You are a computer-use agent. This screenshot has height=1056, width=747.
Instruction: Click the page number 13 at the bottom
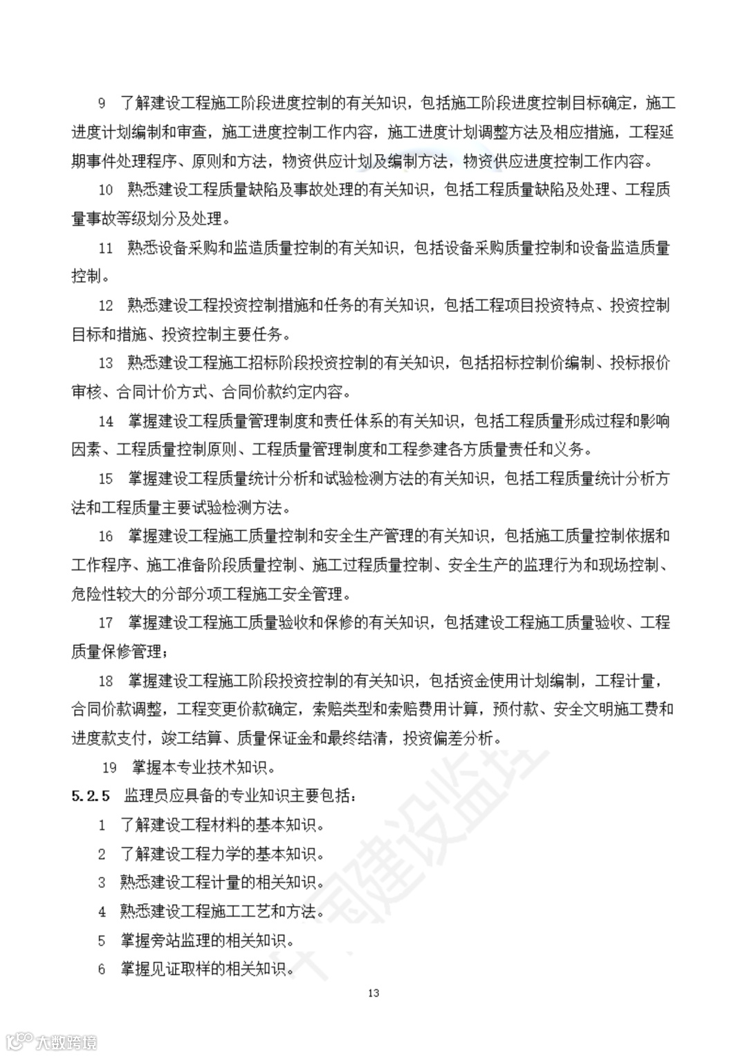[373, 994]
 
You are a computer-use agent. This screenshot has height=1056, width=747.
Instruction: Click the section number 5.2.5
[91, 795]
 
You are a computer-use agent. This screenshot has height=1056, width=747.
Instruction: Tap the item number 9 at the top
[102, 104]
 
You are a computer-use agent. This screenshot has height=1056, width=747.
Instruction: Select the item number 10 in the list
[105, 190]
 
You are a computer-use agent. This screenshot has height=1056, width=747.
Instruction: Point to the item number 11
[105, 248]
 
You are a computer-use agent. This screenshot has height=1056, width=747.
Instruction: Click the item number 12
[105, 305]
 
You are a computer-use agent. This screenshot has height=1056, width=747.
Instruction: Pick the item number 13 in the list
[105, 363]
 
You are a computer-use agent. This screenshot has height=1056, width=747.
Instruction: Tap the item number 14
[105, 421]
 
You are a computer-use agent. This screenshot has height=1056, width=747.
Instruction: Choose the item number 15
[105, 478]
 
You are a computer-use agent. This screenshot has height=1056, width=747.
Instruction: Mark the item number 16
[105, 536]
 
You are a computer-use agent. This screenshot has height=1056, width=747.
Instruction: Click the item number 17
[105, 623]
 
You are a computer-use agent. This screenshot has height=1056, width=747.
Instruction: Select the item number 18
[105, 681]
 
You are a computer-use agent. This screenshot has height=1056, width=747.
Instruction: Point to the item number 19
[109, 767]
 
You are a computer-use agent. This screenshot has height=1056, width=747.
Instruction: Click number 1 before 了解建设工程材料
[102, 824]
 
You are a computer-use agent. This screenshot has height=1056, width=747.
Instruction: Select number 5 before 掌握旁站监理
[102, 940]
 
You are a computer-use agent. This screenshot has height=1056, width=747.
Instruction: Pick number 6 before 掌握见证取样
[102, 969]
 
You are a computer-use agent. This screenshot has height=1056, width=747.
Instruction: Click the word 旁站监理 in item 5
[181, 940]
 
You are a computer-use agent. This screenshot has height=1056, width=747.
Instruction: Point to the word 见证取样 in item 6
[181, 969]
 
